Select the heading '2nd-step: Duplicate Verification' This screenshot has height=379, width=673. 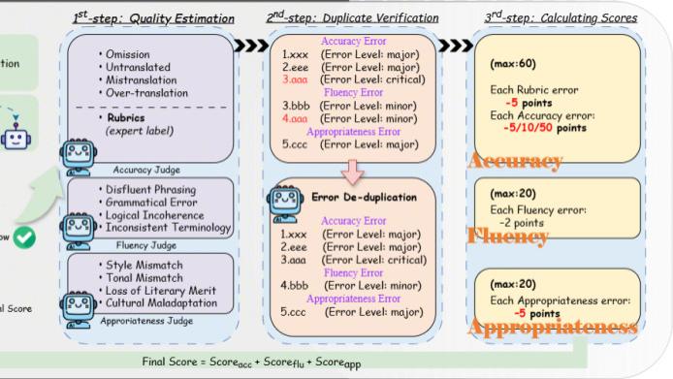click(350, 17)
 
